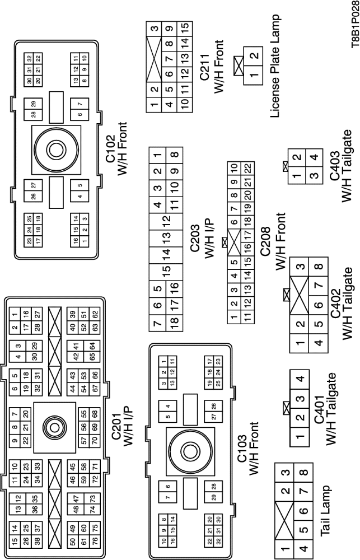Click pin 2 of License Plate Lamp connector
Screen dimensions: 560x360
coord(255,55)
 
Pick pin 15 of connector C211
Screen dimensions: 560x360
coord(185,27)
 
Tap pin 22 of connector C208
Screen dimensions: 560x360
coord(247,167)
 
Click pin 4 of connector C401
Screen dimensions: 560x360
coord(301,379)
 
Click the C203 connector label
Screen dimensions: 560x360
coord(205,243)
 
